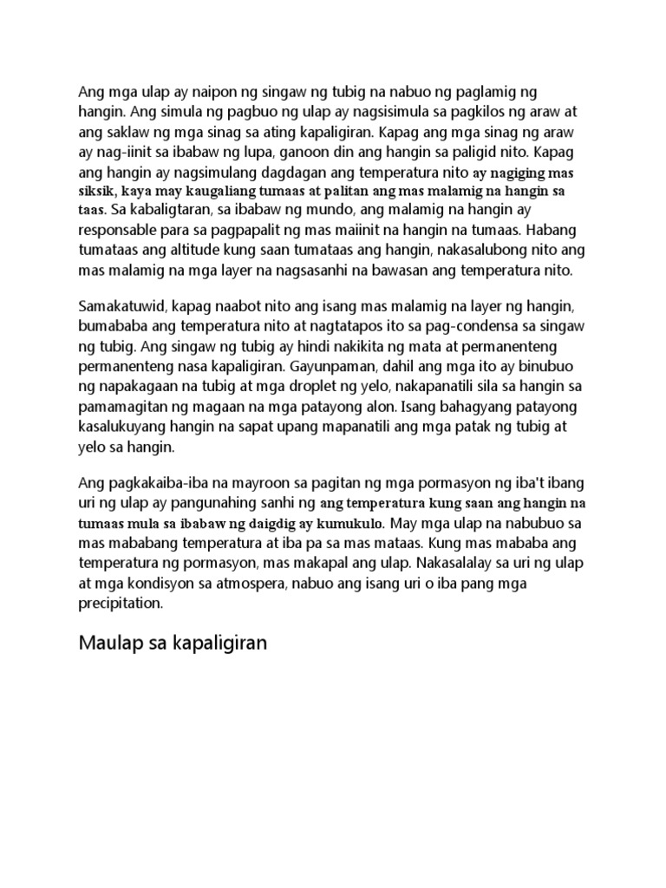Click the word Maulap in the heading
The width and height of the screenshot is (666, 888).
click(109, 643)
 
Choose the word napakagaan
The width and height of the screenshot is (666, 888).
click(137, 388)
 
